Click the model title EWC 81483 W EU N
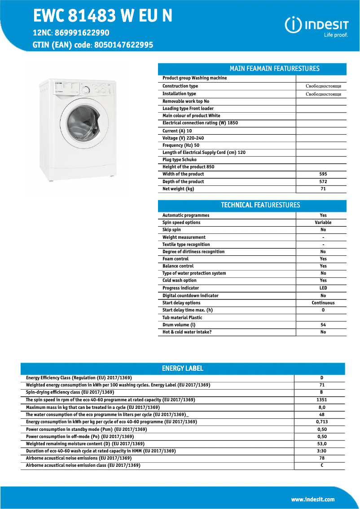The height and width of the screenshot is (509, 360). [103, 16]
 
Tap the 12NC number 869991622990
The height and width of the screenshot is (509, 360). [82, 33]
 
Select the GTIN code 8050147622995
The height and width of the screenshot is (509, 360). [123, 45]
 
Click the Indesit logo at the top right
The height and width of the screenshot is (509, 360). [316, 26]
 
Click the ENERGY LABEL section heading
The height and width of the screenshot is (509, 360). [183, 369]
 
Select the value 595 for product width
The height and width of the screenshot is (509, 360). [323, 174]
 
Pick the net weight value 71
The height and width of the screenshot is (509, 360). [323, 189]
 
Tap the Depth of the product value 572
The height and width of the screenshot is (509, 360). [323, 182]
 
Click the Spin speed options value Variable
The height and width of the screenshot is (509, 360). [323, 223]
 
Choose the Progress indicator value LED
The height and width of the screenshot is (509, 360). [323, 288]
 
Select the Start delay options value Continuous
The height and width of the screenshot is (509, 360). [323, 303]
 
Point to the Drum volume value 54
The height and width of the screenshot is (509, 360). [323, 325]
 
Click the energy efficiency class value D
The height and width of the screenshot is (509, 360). [321, 378]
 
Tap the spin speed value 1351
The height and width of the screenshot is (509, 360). [321, 400]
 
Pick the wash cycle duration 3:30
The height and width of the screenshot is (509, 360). [321, 451]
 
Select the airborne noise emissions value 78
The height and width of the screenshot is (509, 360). [321, 458]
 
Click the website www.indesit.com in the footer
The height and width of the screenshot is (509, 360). [313, 500]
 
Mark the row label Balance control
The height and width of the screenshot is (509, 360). [178, 266]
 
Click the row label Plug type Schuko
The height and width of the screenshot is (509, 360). [180, 160]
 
